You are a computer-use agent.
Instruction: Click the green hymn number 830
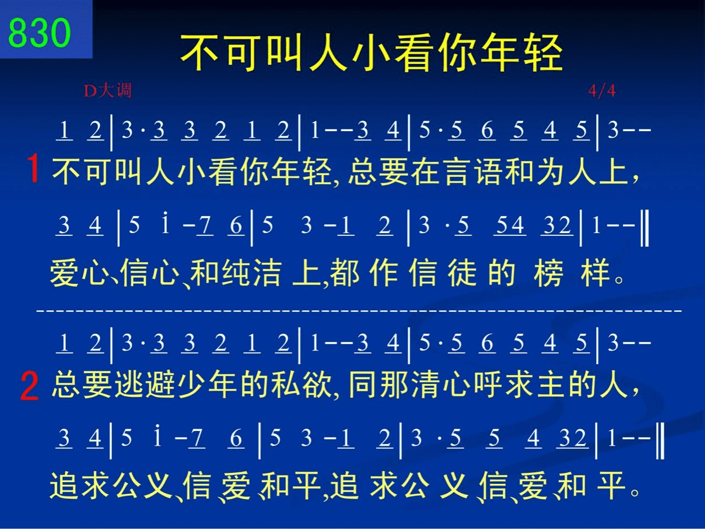coord(39,33)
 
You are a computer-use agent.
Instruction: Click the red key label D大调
coord(107,90)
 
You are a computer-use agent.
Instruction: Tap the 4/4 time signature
coord(602,90)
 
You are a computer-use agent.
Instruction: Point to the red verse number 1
coord(33,168)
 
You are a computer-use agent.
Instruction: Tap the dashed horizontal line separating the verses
coord(359,311)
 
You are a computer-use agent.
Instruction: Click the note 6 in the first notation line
coord(487,131)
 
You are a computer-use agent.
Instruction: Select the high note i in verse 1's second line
coord(165,222)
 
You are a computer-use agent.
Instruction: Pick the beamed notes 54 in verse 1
coord(510,225)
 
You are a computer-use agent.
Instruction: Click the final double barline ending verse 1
coord(644,228)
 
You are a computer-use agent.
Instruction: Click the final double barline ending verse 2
coord(660,441)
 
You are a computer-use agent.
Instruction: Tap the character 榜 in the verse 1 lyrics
coord(549,273)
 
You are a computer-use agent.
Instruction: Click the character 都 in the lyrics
coord(344,273)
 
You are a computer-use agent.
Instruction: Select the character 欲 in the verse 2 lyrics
coord(317,385)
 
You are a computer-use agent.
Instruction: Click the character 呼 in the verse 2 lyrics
coord(489,385)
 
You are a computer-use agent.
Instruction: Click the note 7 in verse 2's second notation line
coord(196,439)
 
